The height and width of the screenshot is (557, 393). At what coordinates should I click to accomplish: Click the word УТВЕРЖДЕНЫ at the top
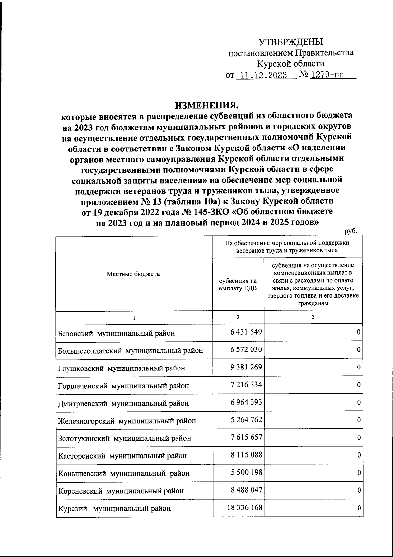(x=291, y=42)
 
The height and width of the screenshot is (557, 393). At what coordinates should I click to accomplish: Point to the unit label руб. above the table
(x=350, y=231)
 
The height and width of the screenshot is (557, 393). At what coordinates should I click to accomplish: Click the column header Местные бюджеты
(x=134, y=274)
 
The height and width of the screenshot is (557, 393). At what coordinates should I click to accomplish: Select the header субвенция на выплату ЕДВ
(x=238, y=284)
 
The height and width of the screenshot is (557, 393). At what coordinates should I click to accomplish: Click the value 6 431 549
(x=246, y=332)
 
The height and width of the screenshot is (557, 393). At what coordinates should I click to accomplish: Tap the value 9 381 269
(x=246, y=367)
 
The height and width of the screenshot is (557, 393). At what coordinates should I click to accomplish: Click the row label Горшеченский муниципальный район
(x=123, y=386)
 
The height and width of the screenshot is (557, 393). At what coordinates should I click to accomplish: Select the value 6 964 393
(x=246, y=402)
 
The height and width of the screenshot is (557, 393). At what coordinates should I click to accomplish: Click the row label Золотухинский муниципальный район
(x=124, y=438)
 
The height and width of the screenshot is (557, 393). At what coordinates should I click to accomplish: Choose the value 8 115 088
(x=246, y=455)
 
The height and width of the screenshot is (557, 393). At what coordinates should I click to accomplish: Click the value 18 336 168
(x=244, y=508)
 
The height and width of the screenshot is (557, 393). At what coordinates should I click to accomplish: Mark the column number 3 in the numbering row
(x=313, y=317)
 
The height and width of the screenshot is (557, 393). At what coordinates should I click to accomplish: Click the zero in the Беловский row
(x=359, y=332)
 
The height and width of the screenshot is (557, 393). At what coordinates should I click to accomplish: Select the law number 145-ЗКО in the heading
(x=213, y=211)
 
